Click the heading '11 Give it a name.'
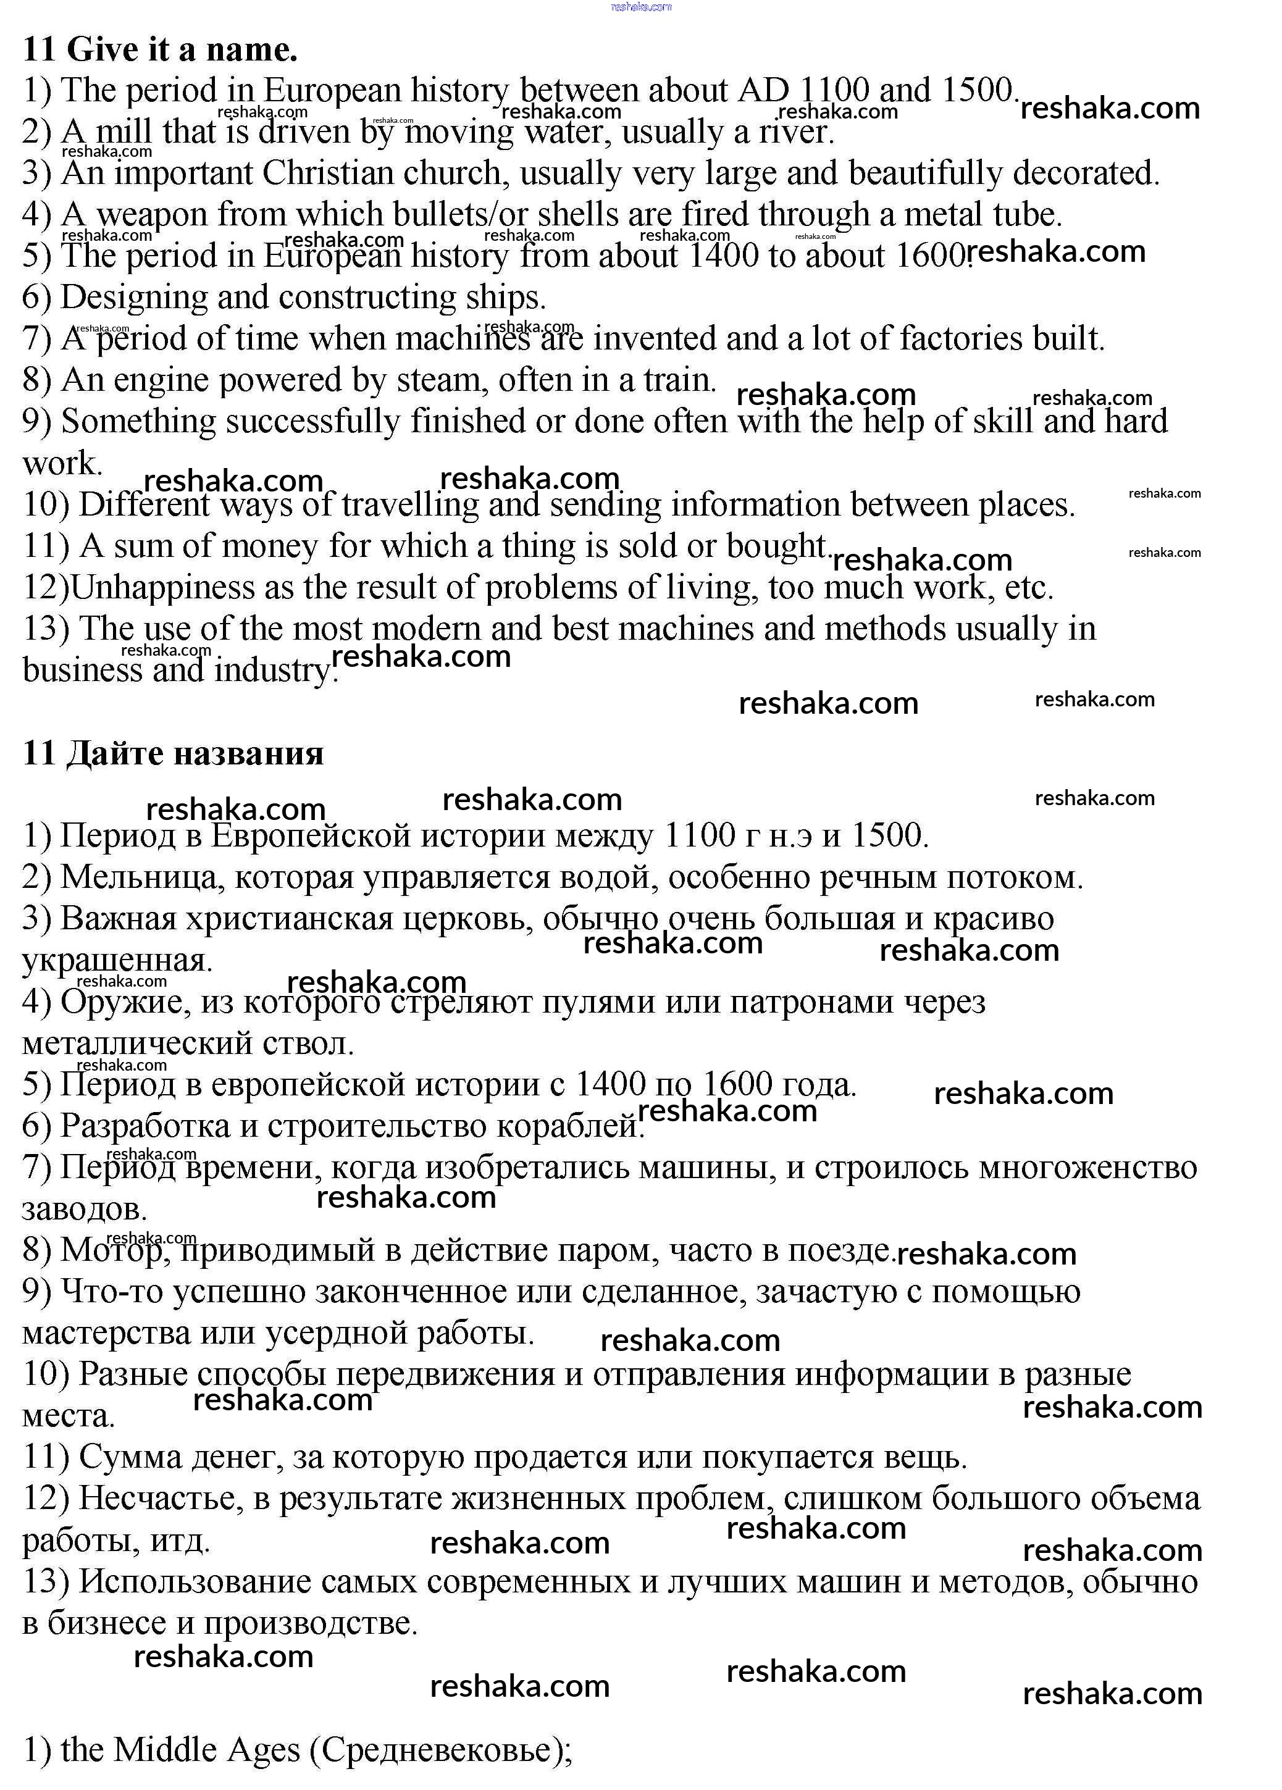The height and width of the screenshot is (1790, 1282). click(x=161, y=50)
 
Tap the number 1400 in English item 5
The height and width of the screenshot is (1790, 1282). click(x=723, y=256)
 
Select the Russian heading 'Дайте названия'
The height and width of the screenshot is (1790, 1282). click(x=194, y=754)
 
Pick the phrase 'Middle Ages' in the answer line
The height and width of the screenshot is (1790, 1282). click(x=207, y=1750)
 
